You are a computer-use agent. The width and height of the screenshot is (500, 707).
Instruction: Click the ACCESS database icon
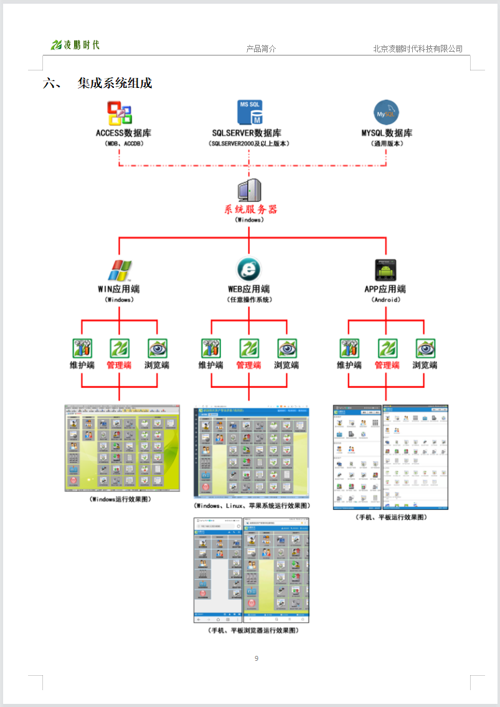[x=120, y=113]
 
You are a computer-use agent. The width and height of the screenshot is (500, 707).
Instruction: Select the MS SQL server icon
[x=250, y=112]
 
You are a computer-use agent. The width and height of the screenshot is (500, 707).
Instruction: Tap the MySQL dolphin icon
[x=386, y=113]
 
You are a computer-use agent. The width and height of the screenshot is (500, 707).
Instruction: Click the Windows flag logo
[x=119, y=270]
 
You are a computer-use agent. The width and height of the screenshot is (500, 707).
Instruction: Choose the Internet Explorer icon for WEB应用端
[x=248, y=269]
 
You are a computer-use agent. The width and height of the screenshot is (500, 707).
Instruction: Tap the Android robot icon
[x=386, y=270]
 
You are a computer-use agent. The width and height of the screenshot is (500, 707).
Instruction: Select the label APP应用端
[x=385, y=289]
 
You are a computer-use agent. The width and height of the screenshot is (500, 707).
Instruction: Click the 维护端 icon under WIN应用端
[x=82, y=348]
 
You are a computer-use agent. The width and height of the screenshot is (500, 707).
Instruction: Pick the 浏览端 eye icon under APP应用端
[x=425, y=348]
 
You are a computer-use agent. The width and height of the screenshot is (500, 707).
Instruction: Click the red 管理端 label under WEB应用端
[x=248, y=365]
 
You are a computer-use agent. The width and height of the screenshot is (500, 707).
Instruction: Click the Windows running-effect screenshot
[x=122, y=448]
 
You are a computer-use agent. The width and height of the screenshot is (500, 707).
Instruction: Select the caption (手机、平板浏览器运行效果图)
[x=253, y=630]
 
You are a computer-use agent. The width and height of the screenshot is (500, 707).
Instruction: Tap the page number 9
[x=257, y=659]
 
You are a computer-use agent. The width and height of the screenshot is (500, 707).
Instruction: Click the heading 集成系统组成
[x=115, y=84]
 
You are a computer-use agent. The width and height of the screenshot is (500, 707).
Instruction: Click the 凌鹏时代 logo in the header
[x=75, y=45]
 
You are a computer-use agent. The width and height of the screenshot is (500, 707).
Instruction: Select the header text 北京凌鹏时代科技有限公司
[x=418, y=49]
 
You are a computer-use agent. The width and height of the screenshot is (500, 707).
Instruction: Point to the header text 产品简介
[x=261, y=49]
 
